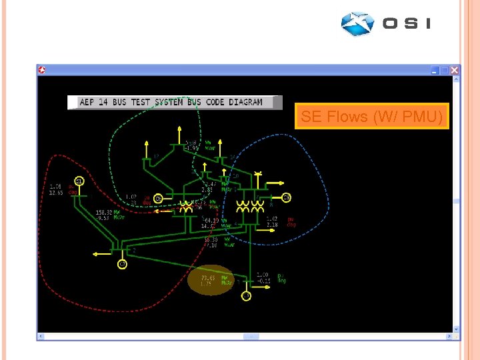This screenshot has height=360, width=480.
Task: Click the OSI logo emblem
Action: [x=357, y=23]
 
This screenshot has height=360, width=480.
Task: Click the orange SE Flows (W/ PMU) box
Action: [x=372, y=117]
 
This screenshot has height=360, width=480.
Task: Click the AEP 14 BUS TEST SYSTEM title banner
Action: [x=171, y=102]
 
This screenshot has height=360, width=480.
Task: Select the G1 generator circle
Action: [x=79, y=181]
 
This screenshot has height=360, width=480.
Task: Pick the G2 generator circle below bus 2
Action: [x=123, y=265]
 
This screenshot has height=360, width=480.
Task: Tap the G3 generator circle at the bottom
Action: [x=246, y=296]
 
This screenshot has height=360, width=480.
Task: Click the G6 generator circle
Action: [x=158, y=198]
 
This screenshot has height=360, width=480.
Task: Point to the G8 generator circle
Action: [x=286, y=197]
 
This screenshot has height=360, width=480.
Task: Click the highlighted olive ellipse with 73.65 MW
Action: [x=211, y=280]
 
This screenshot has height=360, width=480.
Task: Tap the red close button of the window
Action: [x=455, y=70]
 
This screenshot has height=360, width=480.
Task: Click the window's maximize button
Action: [x=445, y=70]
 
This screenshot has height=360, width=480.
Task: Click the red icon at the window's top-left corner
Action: [x=41, y=70]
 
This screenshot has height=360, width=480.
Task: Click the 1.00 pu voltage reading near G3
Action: [x=263, y=275]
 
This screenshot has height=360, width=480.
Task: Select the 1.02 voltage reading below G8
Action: [x=272, y=219]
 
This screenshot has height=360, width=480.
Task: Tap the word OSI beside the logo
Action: [x=407, y=23]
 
